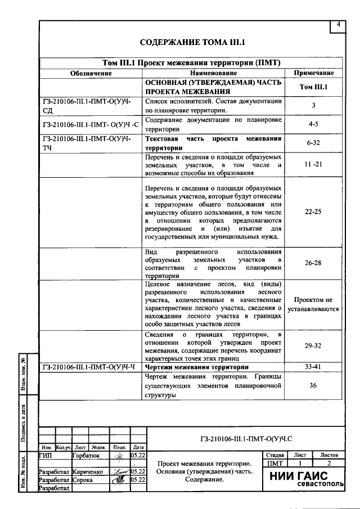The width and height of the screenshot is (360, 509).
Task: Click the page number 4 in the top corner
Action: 338,25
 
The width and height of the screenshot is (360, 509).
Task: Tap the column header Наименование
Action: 213,73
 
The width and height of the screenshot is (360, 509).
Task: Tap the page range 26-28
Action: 313,263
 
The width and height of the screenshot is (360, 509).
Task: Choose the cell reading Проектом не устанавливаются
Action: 313,304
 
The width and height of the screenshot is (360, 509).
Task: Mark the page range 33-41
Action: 313,367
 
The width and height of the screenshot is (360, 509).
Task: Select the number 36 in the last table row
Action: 313,385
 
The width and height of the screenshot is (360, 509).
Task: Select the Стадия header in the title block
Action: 274,454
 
